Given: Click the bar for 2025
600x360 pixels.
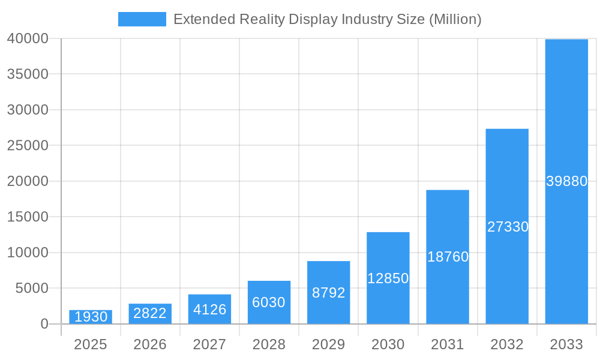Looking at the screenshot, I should tap(91, 317).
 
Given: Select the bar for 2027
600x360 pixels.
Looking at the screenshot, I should tap(209, 309).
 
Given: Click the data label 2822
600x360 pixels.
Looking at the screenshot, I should tap(150, 313).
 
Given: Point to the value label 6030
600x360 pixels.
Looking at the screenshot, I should tap(269, 302).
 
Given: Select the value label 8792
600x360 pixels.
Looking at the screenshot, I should tap(329, 293).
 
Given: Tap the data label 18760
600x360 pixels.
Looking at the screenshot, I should tap(448, 257).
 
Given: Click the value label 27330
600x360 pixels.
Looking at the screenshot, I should tap(508, 227).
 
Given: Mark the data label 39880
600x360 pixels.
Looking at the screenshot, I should tap(566, 181).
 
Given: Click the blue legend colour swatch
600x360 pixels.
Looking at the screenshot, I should tap(142, 19).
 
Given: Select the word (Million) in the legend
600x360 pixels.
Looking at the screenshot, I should tap(455, 19).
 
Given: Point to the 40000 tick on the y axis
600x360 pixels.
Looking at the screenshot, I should tap(28, 38).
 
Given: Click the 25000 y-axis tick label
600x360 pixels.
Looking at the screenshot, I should tap(28, 145).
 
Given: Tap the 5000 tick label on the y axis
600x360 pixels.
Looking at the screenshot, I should tap(31, 288).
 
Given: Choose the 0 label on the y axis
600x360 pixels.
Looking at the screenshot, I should tap(44, 324).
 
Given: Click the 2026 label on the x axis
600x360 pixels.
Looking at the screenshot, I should tap(150, 344).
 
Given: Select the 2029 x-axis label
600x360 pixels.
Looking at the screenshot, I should tap(329, 344).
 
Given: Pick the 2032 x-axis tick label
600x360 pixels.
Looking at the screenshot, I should tap(508, 344).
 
